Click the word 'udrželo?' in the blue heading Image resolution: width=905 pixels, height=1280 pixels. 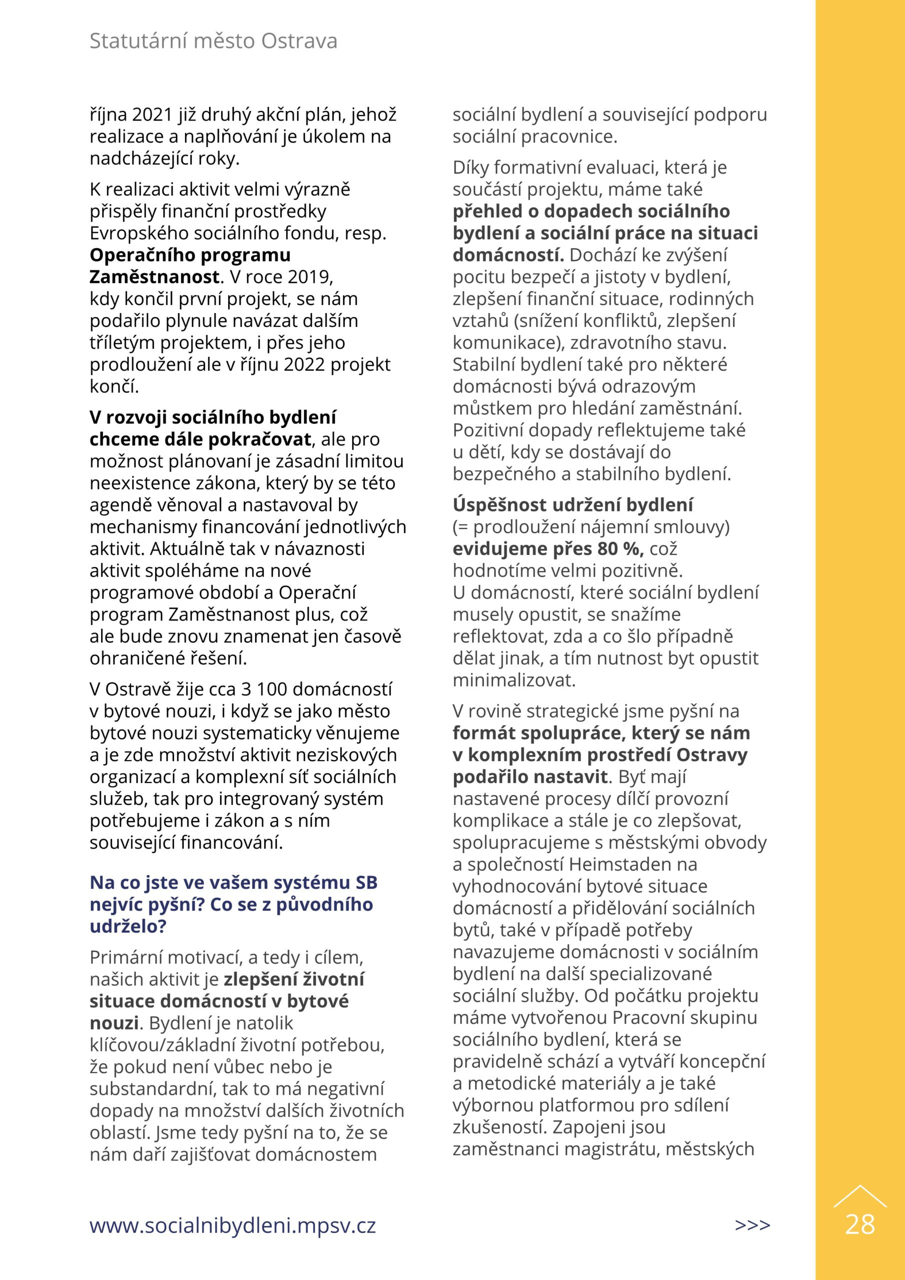coord(128,926)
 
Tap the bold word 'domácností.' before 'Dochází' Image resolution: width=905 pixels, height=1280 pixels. coord(508,255)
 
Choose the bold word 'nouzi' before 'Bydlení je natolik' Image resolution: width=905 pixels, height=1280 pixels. coord(114,1023)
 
